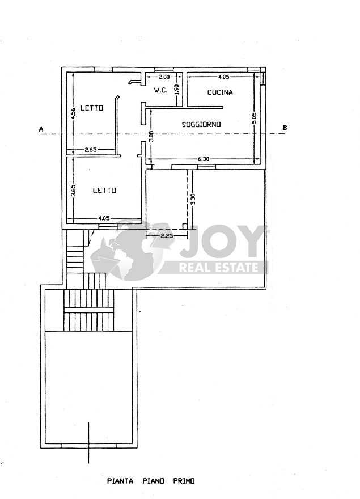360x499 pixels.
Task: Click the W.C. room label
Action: click(x=161, y=90)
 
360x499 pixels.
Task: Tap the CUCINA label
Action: click(x=220, y=92)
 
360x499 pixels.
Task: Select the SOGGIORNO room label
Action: click(x=201, y=124)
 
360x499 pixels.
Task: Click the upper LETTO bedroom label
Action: click(x=92, y=108)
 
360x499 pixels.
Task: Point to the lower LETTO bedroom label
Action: click(x=104, y=191)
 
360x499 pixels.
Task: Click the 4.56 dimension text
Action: click(x=73, y=113)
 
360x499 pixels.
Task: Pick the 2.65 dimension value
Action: click(x=91, y=149)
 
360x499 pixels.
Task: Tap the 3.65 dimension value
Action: click(x=73, y=191)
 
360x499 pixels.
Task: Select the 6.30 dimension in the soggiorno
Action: click(x=204, y=159)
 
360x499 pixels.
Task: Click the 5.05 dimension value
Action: click(x=253, y=118)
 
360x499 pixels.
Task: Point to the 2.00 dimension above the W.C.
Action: click(x=164, y=77)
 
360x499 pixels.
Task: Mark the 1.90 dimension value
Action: click(x=177, y=90)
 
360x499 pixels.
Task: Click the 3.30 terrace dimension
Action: click(x=193, y=200)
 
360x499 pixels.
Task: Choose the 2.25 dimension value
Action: click(x=167, y=236)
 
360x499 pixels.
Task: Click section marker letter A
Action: click(x=41, y=129)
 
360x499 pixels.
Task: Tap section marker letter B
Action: click(x=285, y=128)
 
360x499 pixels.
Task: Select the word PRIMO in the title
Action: click(x=184, y=481)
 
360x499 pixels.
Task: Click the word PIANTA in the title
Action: click(x=120, y=481)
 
